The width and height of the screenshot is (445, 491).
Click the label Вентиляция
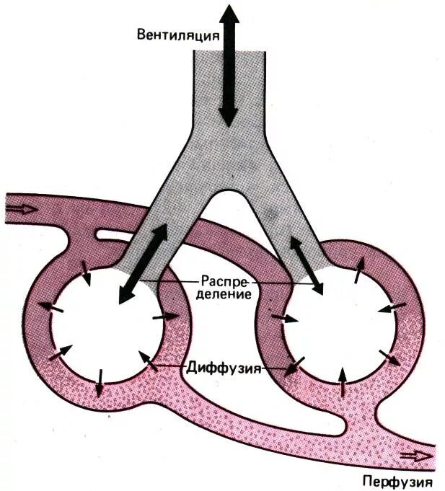tap(177, 35)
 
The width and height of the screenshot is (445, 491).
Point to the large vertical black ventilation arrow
tap(229, 65)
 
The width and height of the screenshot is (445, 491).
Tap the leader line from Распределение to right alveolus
tap(288, 284)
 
